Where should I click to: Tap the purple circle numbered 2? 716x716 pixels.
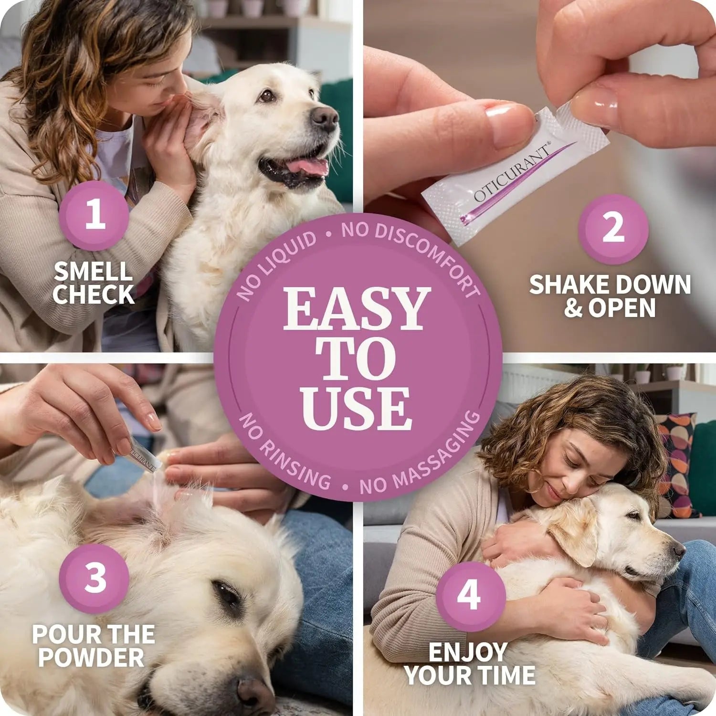pos(613,229)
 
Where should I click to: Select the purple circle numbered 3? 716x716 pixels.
pos(95,578)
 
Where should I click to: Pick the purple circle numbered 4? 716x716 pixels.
pos(470,596)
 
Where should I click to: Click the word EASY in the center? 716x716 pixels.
pos(357,309)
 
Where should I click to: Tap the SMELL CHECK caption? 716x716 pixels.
pos(93,283)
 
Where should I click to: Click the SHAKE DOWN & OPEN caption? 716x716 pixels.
pos(610,296)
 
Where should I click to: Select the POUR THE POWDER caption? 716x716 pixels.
pos(93,646)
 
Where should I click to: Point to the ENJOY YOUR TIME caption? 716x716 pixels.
pos(470,663)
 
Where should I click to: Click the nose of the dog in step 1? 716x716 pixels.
pos(324,117)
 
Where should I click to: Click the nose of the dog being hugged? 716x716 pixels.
pos(678,550)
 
